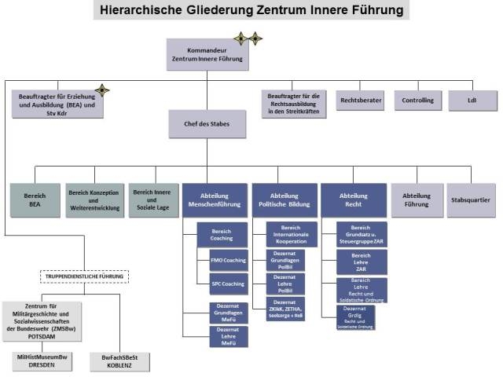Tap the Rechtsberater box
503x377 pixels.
(360, 101)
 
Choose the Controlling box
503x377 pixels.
(417, 101)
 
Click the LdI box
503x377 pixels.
(472, 101)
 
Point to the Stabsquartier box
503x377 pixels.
(472, 199)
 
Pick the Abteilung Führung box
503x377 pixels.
(417, 199)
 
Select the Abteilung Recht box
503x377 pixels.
(353, 199)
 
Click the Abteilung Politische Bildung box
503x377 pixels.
(284, 199)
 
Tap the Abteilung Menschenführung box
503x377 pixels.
(215, 199)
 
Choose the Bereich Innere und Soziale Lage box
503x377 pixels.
(153, 199)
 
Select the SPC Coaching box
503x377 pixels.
(227, 284)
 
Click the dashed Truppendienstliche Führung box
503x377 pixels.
(84, 276)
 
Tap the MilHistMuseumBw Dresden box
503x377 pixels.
(46, 361)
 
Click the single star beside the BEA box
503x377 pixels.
(101, 90)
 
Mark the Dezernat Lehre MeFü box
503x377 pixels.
(228, 336)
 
